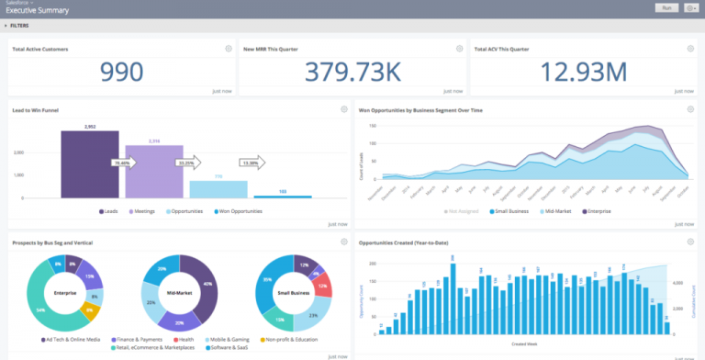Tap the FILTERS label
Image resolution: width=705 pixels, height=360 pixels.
19,26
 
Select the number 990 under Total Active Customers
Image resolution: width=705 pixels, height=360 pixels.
121,73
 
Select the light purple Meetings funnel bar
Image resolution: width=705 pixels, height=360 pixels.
153,171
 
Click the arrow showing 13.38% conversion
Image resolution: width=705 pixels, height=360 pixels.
252,163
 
